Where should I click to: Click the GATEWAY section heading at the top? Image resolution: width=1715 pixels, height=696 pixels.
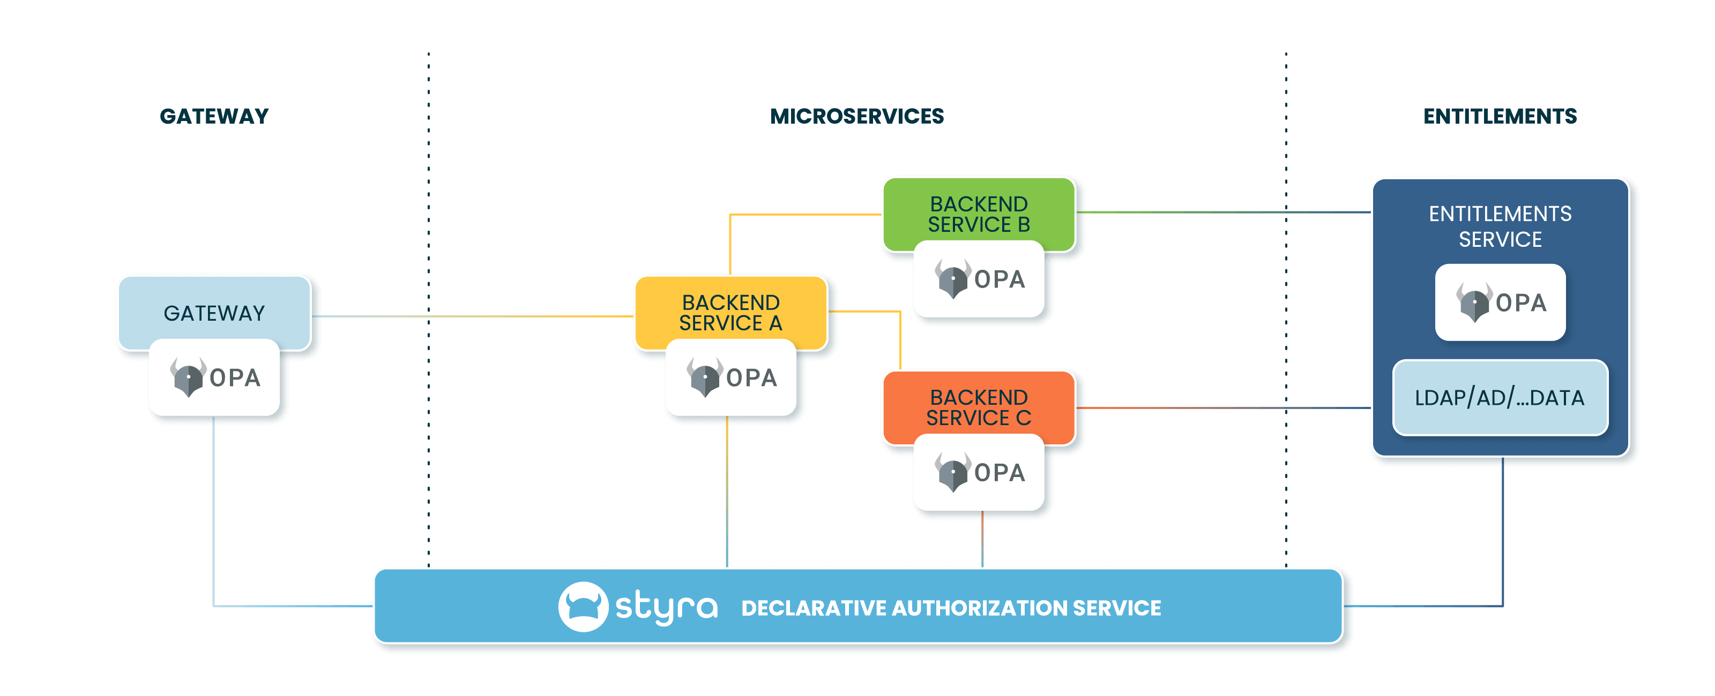(214, 116)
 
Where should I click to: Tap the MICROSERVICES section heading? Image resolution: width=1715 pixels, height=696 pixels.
(857, 116)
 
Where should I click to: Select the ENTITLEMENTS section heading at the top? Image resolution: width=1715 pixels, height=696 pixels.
(1500, 116)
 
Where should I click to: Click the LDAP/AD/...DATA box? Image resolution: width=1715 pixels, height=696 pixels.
(1500, 398)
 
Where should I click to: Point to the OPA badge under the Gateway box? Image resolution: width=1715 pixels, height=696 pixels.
(214, 378)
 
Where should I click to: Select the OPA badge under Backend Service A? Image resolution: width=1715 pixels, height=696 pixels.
(730, 378)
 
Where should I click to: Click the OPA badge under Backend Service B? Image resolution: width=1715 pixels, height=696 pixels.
(979, 279)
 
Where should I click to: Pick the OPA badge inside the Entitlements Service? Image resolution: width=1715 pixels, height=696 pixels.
(1500, 302)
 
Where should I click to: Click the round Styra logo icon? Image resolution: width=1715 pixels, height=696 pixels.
(583, 606)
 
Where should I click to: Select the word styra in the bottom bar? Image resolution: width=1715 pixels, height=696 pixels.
(666, 607)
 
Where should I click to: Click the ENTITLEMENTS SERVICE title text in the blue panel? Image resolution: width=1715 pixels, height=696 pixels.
(1500, 226)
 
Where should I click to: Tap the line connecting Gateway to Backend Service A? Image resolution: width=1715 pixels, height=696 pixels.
(473, 316)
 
